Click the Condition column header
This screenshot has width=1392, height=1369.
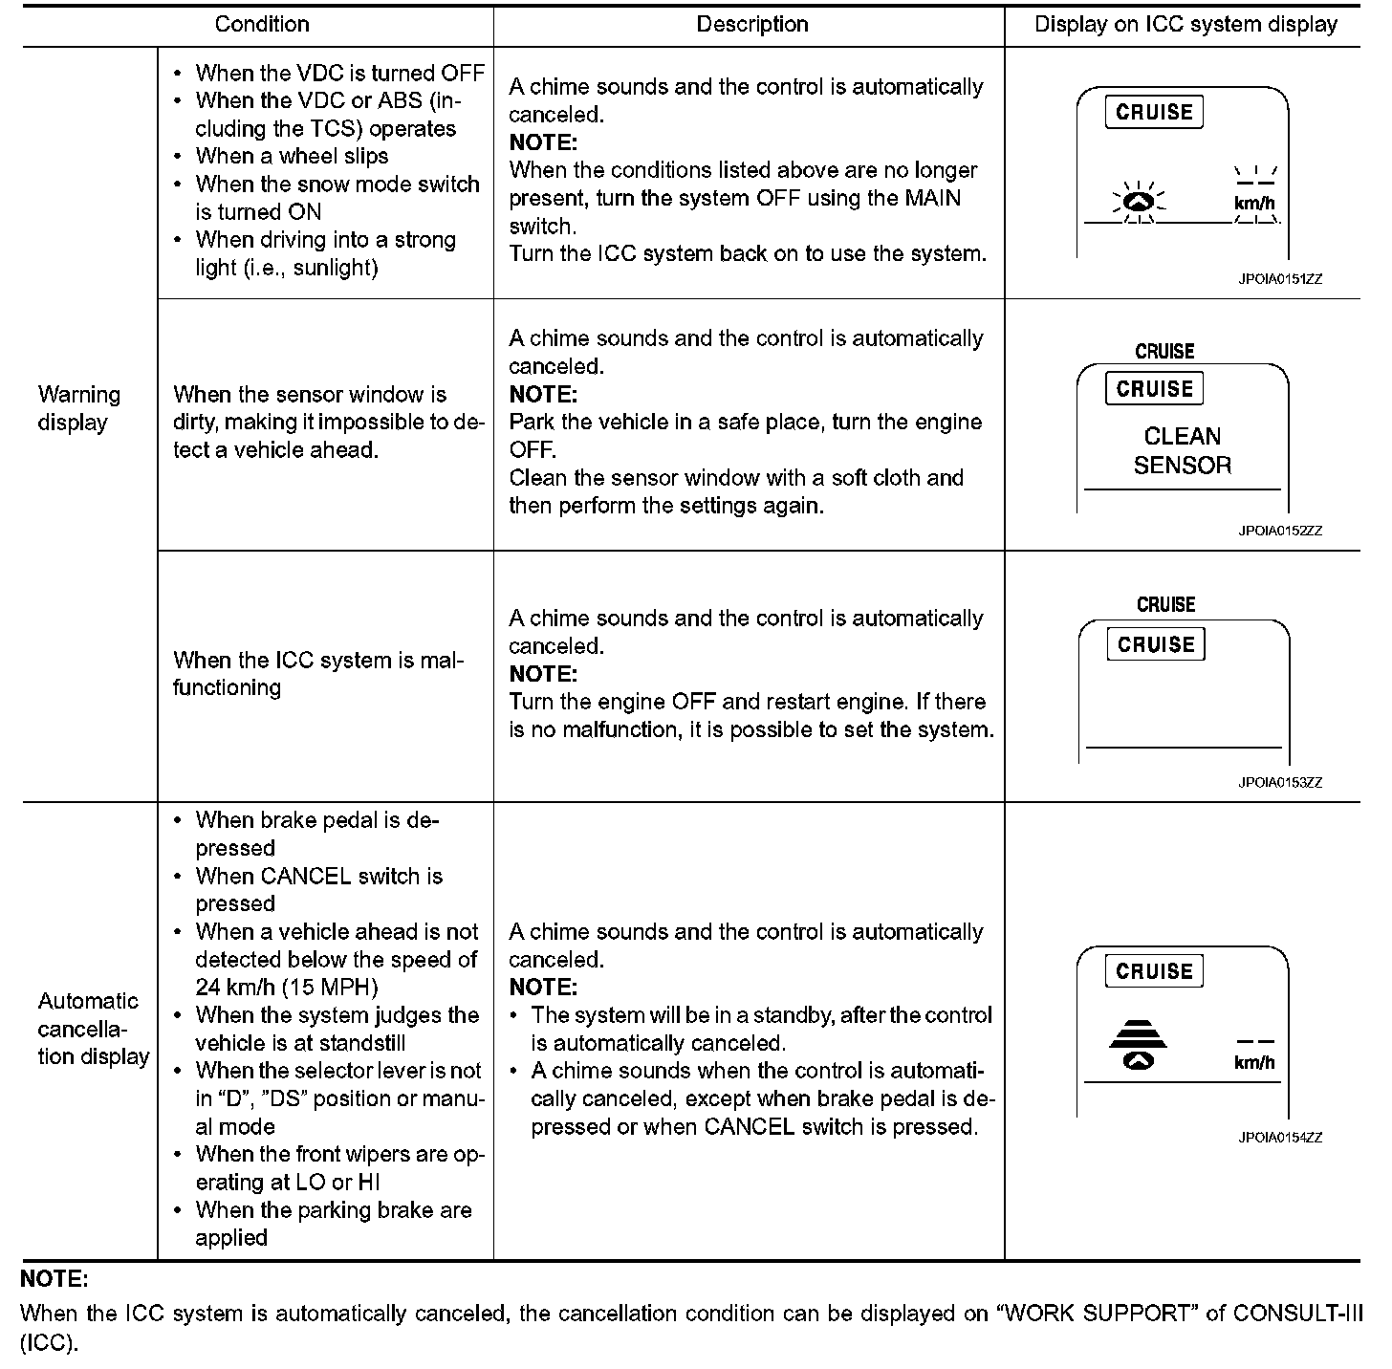pyautogui.click(x=261, y=25)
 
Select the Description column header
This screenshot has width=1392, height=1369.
pyautogui.click(x=751, y=25)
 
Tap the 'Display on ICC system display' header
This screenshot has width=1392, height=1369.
pyautogui.click(x=1185, y=25)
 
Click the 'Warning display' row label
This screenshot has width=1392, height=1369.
pyautogui.click(x=79, y=408)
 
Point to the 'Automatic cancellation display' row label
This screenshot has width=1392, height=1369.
pyautogui.click(x=93, y=1029)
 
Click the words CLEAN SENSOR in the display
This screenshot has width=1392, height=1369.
pyautogui.click(x=1183, y=451)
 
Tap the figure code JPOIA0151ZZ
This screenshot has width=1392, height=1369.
pyautogui.click(x=1280, y=279)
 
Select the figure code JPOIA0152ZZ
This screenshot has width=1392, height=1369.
pyautogui.click(x=1280, y=531)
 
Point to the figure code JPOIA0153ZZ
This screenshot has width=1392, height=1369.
pyautogui.click(x=1280, y=783)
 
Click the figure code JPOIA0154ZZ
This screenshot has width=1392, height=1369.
pyautogui.click(x=1280, y=1138)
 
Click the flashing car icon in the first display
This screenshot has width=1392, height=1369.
pyautogui.click(x=1138, y=202)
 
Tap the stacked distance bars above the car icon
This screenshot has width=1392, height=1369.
pyautogui.click(x=1138, y=1033)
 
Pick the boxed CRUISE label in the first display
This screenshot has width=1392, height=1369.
pyautogui.click(x=1155, y=113)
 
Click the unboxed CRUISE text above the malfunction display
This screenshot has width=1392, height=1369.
pyautogui.click(x=1165, y=604)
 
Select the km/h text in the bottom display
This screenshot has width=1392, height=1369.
pyautogui.click(x=1254, y=1063)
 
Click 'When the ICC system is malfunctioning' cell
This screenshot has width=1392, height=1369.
pyautogui.click(x=317, y=674)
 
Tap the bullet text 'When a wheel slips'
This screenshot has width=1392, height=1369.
pyautogui.click(x=292, y=156)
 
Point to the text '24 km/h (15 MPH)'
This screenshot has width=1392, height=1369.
pyautogui.click(x=287, y=988)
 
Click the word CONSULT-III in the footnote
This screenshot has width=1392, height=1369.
pyautogui.click(x=1297, y=1313)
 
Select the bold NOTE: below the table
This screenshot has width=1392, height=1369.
pyautogui.click(x=54, y=1279)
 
